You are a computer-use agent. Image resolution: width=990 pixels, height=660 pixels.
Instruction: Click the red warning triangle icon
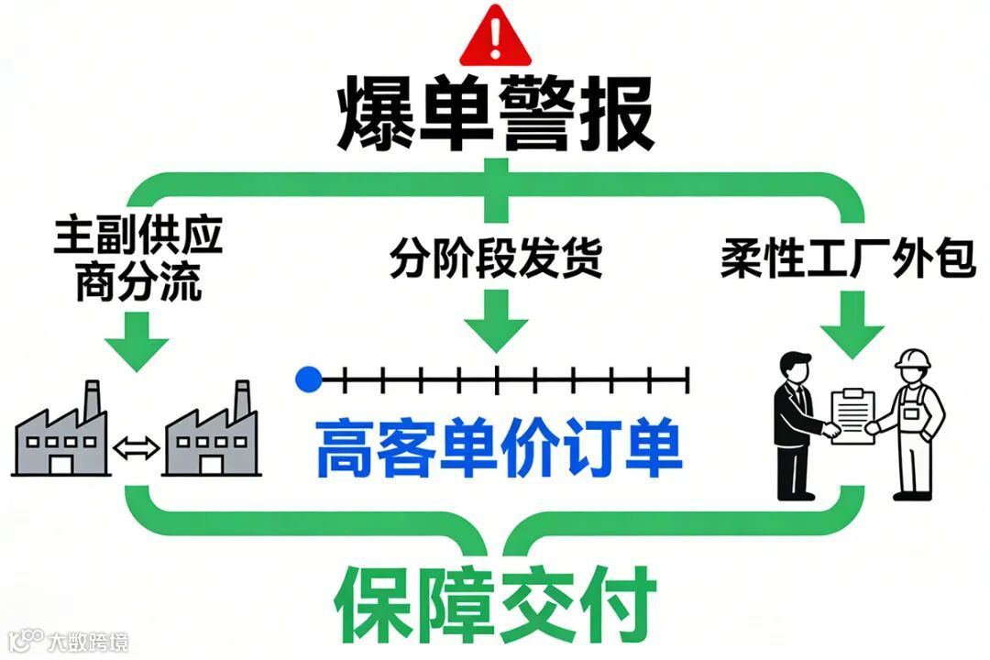495,34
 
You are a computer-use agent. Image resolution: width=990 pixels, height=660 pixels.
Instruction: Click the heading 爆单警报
495,115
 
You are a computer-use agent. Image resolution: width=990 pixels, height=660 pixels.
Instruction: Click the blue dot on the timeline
309,377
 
